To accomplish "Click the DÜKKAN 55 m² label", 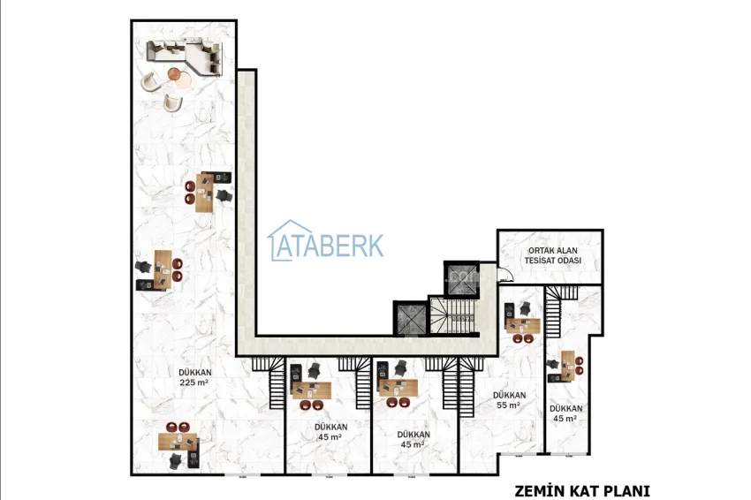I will [x=509, y=399].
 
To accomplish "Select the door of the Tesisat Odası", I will [x=503, y=275].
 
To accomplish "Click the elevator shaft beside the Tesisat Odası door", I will [x=460, y=277].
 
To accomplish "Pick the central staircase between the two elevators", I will [x=452, y=314].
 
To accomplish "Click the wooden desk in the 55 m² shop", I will [x=523, y=324].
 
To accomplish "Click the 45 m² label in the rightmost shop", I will [x=565, y=413].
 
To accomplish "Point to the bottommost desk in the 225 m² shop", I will [x=178, y=441].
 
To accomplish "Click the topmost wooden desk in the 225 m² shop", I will [x=205, y=187].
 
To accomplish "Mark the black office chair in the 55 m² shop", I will [x=526, y=308].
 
